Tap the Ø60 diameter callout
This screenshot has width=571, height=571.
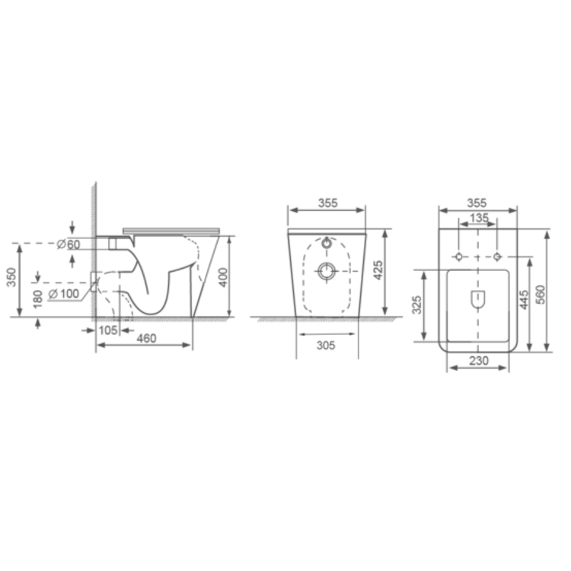coord(69,244)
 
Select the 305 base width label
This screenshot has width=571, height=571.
coord(326,345)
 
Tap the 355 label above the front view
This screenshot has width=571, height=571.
coord(327,203)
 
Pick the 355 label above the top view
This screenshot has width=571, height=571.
coord(477,203)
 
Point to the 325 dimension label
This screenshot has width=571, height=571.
coord(417,305)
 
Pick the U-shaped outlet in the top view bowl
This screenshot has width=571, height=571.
coord(477,299)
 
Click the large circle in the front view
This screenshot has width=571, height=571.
coord(327,270)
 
